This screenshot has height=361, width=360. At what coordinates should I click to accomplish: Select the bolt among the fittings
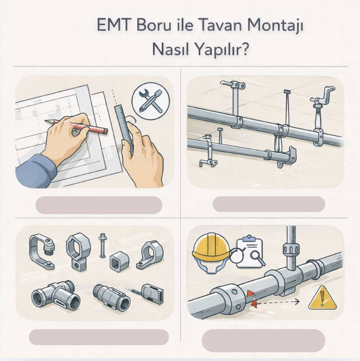[102, 245]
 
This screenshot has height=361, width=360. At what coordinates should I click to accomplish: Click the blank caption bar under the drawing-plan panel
[99, 204]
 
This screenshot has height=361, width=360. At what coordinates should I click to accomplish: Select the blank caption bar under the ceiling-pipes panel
[269, 204]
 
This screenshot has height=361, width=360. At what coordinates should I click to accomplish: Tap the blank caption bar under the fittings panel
[99, 337]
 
